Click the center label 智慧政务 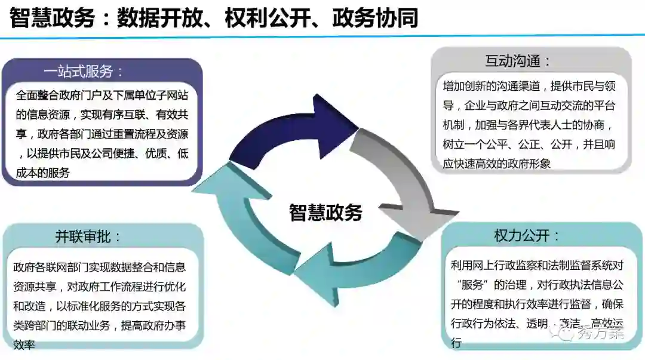point(325,212)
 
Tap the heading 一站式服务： point(84,72)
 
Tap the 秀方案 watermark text point(600,332)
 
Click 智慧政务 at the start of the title point(52,19)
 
